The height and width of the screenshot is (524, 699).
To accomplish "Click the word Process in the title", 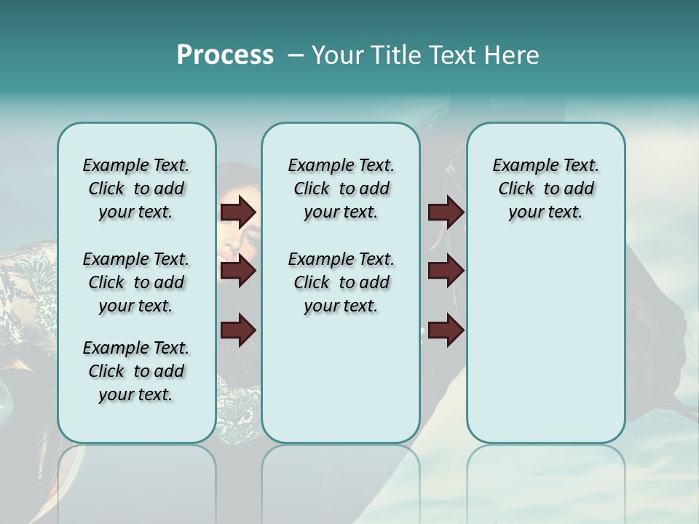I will pyautogui.click(x=225, y=55).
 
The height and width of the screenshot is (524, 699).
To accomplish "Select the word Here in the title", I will pyautogui.click(x=513, y=55).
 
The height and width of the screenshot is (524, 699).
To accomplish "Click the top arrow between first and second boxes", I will pyautogui.click(x=238, y=212).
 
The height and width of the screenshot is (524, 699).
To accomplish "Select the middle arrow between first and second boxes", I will pyautogui.click(x=238, y=271).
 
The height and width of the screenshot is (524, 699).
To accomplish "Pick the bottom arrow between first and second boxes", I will pyautogui.click(x=238, y=329).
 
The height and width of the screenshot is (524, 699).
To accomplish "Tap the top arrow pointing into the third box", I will pyautogui.click(x=446, y=212).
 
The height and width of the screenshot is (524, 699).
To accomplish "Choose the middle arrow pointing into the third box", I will pyautogui.click(x=446, y=271).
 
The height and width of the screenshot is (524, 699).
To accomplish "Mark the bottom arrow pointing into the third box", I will pyautogui.click(x=446, y=330).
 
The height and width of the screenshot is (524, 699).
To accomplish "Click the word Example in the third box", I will pyautogui.click(x=520, y=165).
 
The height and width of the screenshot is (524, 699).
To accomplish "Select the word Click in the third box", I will pyautogui.click(x=516, y=188).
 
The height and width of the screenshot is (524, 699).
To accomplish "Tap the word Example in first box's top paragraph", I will pyautogui.click(x=110, y=165).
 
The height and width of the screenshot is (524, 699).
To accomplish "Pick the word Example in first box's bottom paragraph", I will pyautogui.click(x=110, y=348).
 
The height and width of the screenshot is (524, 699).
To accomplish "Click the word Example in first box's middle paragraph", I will pyautogui.click(x=110, y=259).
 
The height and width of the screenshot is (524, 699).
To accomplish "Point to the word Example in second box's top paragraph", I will pyautogui.click(x=315, y=165).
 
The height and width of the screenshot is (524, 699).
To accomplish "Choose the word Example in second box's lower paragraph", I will pyautogui.click(x=315, y=259).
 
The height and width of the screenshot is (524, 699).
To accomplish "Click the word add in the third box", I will pyautogui.click(x=580, y=188).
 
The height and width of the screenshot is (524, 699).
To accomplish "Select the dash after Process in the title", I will pyautogui.click(x=295, y=55).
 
